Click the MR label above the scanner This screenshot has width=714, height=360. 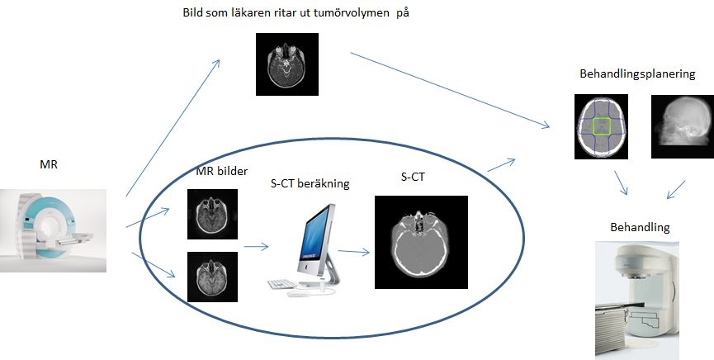tap(49, 164)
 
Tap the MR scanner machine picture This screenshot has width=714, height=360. tap(53, 230)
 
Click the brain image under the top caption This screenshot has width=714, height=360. tap(287, 64)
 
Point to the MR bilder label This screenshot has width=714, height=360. tap(222, 172)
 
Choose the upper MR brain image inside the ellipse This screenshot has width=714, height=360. tap(212, 214)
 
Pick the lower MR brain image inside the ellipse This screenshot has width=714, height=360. tap(212, 277)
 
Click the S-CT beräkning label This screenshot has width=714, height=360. tap(310, 183)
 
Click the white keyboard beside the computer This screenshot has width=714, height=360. tap(282, 284)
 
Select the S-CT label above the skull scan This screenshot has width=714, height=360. tap(413, 178)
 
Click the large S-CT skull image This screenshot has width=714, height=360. tap(421, 243)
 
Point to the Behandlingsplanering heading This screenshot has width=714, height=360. tap(637, 73)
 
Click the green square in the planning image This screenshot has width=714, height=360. tap(602, 126)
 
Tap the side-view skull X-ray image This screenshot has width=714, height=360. tap(683, 126)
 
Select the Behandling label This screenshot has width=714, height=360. tap(640, 227)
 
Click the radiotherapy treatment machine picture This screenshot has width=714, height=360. tap(637, 301)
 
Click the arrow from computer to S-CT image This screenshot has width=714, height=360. tap(353, 251)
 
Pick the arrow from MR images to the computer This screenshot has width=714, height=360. tap(257, 247)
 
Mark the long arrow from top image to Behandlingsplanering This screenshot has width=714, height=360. tap(450, 90)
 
